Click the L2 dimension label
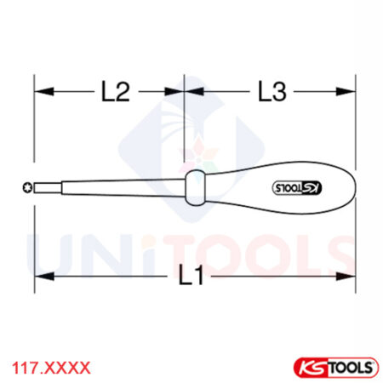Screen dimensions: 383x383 pyautogui.click(x=115, y=92)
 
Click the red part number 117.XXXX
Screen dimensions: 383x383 pyautogui.click(x=50, y=367)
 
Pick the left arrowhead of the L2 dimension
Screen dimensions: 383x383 pyautogui.click(x=39, y=92)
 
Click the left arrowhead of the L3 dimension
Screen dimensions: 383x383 pyautogui.click(x=190, y=92)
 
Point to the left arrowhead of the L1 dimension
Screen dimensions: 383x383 pyautogui.click(x=39, y=276)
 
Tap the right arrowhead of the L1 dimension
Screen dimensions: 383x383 pyautogui.click(x=350, y=276)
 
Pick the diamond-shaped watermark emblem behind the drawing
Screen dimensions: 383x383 pyautogui.click(x=191, y=145)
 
